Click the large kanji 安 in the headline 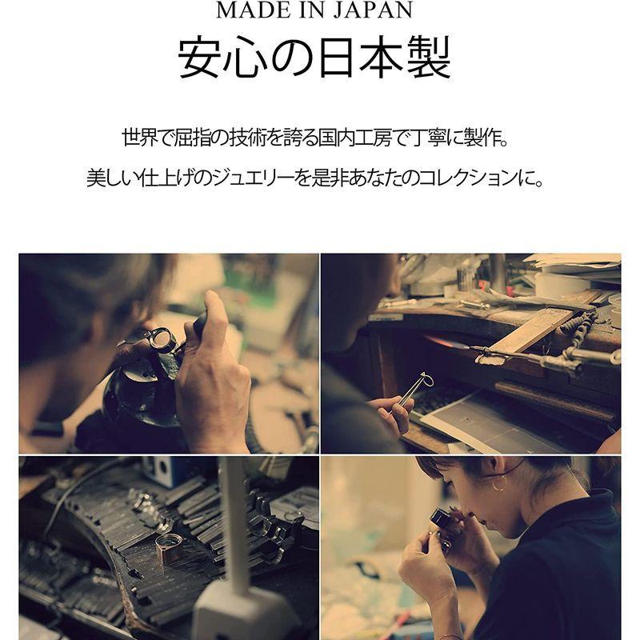point(201,57)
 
